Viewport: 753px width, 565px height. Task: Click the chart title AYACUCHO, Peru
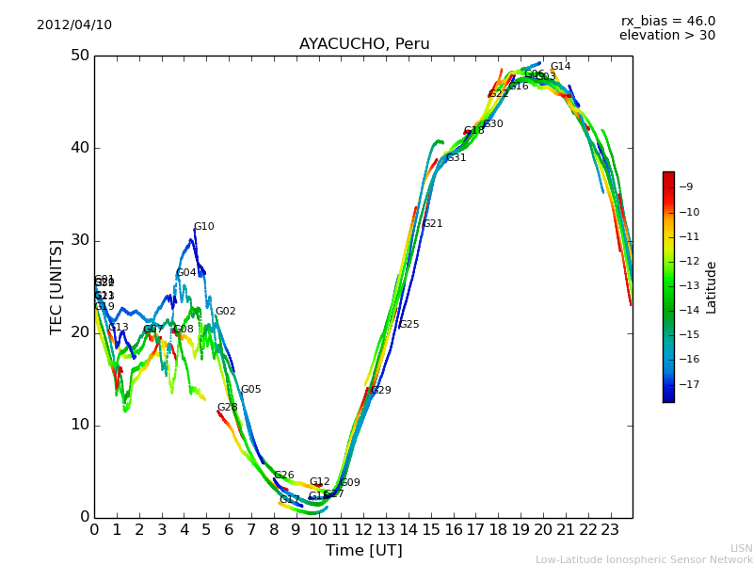click(x=364, y=44)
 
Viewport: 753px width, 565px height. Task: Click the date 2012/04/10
click(x=74, y=24)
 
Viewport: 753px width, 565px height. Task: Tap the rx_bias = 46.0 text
click(x=667, y=21)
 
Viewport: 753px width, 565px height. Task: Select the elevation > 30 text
click(x=666, y=36)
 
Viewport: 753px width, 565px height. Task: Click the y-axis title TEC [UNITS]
click(x=56, y=286)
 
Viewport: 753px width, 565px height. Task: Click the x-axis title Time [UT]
click(x=363, y=551)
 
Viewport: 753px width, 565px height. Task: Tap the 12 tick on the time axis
click(x=363, y=529)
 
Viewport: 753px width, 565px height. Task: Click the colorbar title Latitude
click(x=712, y=287)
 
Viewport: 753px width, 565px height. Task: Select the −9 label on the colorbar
click(x=687, y=187)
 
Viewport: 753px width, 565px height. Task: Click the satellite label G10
click(x=203, y=227)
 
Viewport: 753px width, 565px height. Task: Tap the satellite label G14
click(x=560, y=67)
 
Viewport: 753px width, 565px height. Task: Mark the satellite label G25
click(x=409, y=325)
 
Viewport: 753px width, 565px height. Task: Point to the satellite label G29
click(x=380, y=391)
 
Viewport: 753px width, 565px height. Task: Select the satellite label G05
click(x=250, y=390)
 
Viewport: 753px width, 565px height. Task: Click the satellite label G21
click(x=432, y=224)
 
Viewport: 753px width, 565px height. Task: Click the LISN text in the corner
click(x=741, y=548)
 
